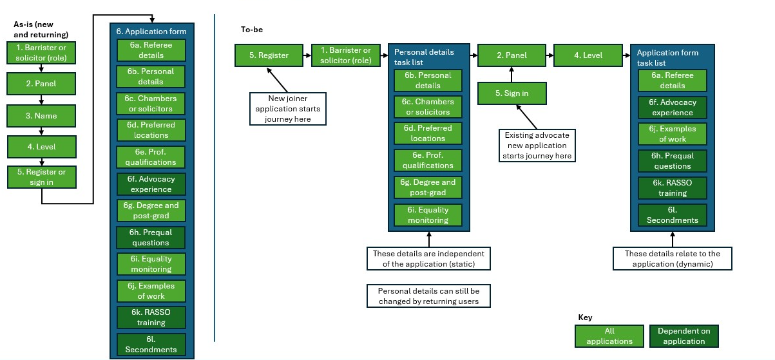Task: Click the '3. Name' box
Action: tap(41, 116)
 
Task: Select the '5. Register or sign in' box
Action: tap(41, 177)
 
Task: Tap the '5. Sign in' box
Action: tap(512, 93)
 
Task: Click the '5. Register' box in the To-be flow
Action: tap(269, 55)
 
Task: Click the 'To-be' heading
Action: tap(251, 30)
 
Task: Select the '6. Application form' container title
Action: tap(151, 31)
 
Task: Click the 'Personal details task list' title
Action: tap(424, 57)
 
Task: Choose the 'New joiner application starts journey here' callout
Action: tap(288, 109)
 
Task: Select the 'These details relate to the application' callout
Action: tap(673, 259)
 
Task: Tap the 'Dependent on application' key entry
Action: tap(684, 336)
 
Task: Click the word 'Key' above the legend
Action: tap(585, 317)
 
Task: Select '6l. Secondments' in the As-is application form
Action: tap(151, 345)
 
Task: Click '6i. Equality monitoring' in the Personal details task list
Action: tap(428, 215)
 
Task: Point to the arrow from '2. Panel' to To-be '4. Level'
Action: tap(550, 55)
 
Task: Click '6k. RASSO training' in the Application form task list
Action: tap(673, 188)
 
